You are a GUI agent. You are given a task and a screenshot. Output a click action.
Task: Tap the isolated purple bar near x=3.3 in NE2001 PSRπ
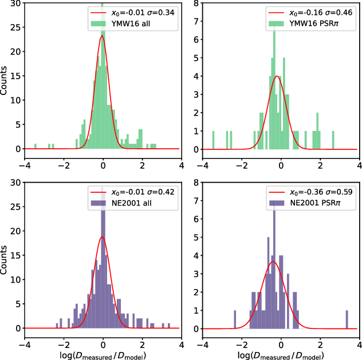point(347,320)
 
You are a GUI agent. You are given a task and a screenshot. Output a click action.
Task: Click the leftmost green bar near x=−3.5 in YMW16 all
point(35,147)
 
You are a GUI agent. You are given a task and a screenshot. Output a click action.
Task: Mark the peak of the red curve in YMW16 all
point(102,35)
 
